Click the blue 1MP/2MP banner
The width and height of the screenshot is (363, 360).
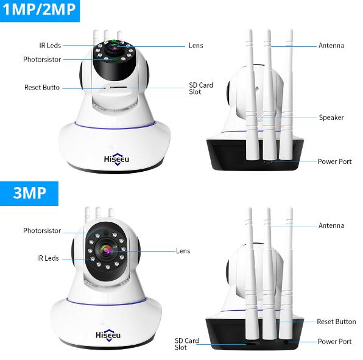(40, 11)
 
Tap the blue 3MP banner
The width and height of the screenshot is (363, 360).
(29, 193)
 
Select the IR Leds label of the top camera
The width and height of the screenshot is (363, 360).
(50, 45)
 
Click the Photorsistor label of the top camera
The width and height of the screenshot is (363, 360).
(42, 60)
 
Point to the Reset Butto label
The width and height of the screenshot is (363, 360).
(42, 87)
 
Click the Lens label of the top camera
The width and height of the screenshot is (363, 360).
(196, 45)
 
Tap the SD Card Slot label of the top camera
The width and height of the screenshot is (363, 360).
(201, 88)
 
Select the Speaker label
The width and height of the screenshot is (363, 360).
(331, 118)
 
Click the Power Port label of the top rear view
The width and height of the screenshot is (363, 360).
(334, 161)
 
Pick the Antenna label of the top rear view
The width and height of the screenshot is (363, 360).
(331, 45)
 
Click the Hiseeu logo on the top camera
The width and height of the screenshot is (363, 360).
(116, 159)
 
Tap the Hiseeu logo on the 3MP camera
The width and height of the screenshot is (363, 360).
(108, 335)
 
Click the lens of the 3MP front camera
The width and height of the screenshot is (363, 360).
(106, 250)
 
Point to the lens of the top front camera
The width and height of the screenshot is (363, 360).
(114, 48)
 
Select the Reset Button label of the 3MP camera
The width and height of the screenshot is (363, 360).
(336, 322)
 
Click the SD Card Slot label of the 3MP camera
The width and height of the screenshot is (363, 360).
(186, 344)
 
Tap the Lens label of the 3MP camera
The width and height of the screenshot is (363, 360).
(183, 251)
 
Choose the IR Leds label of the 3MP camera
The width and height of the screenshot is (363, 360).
(48, 258)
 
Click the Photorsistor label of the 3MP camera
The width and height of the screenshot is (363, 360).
(42, 231)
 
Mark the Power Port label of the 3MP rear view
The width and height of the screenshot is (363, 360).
(334, 342)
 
